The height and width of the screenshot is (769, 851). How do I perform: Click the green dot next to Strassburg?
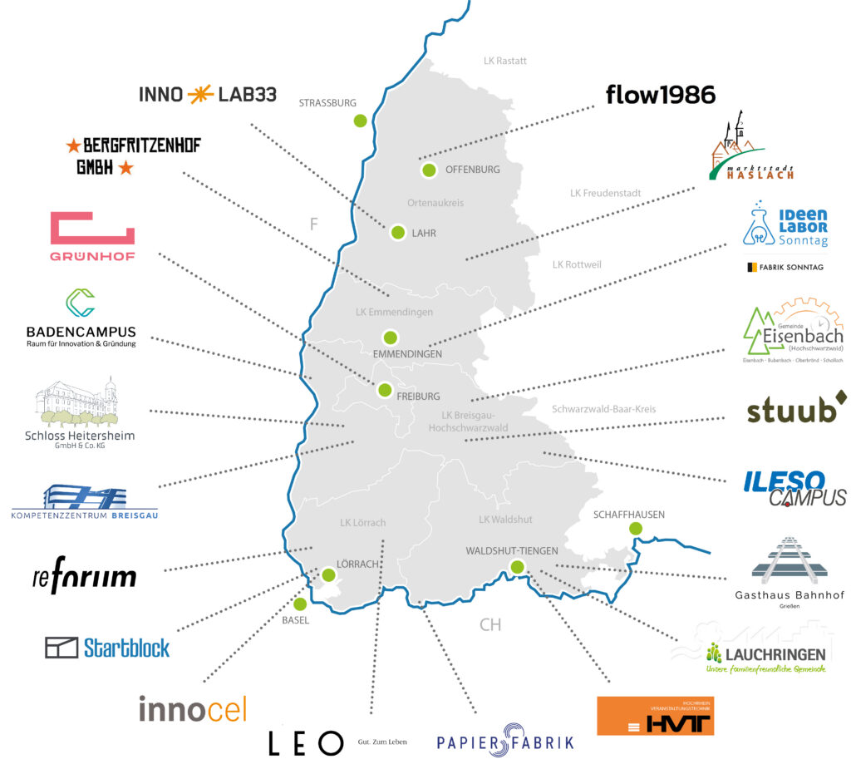[360, 120]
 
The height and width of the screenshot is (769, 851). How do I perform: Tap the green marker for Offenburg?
[429, 170]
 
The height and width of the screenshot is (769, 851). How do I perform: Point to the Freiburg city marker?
[384, 389]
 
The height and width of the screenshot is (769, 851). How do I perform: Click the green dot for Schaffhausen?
[636, 529]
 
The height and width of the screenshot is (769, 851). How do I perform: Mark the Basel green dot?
[300, 604]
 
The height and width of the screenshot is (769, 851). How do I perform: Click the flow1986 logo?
[661, 95]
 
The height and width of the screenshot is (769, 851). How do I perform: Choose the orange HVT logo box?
[655, 716]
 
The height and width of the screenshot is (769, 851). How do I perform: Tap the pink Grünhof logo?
[92, 235]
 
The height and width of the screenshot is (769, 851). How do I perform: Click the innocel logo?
[193, 708]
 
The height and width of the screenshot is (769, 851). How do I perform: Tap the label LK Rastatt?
[505, 61]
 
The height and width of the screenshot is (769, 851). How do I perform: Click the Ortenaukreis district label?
[435, 203]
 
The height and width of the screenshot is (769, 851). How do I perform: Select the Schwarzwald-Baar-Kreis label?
[604, 409]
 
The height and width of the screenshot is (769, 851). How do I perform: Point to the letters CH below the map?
[490, 624]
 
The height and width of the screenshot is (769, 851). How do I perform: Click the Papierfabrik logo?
[505, 742]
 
